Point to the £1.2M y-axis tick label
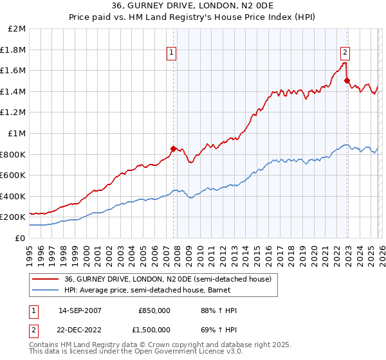(x=14, y=113)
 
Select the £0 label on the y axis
(x=21, y=238)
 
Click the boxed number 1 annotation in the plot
(x=172, y=53)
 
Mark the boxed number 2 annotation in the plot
(x=345, y=53)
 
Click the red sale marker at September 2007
(x=173, y=148)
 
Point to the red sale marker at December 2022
(x=347, y=81)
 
